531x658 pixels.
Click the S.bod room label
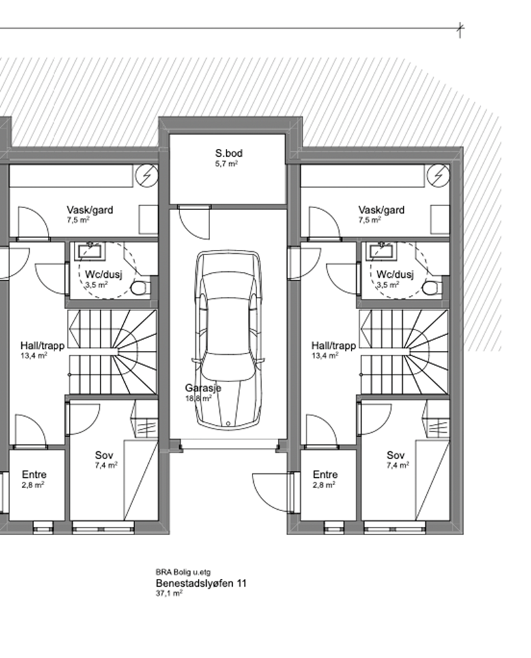click(x=229, y=153)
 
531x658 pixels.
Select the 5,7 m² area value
click(x=226, y=164)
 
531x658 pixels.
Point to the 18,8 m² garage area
click(x=198, y=398)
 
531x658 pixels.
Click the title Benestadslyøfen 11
click(x=201, y=584)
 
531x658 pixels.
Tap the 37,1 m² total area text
click(x=169, y=594)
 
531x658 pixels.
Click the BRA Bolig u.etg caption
click(x=183, y=572)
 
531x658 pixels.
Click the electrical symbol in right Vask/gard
click(x=439, y=175)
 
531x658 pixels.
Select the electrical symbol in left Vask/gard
click(x=147, y=175)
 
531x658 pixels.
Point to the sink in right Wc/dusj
click(x=381, y=251)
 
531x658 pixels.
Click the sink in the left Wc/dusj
click(x=90, y=251)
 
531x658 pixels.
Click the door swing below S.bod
click(x=194, y=223)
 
